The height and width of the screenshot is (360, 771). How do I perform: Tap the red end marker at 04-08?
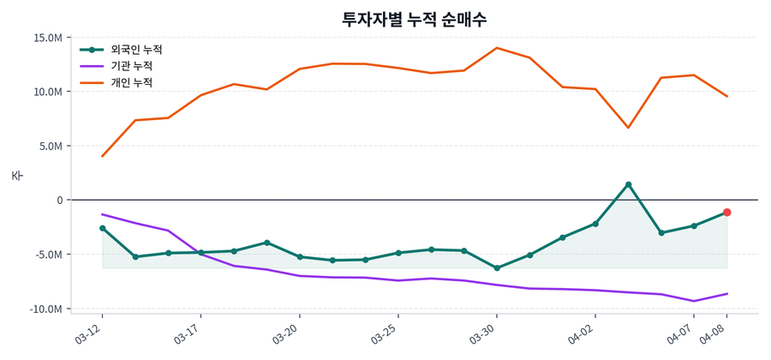pyautogui.click(x=726, y=212)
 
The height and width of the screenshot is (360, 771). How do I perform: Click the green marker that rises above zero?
pyautogui.click(x=628, y=184)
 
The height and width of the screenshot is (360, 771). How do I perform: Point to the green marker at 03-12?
pyautogui.click(x=103, y=228)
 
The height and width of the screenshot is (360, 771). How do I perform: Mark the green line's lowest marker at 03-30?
pyautogui.click(x=497, y=268)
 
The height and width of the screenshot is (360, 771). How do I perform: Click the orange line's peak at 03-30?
pyautogui.click(x=497, y=48)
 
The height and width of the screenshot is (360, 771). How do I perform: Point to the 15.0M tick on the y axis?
pyautogui.click(x=48, y=38)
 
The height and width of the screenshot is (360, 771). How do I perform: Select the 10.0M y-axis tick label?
pyautogui.click(x=48, y=92)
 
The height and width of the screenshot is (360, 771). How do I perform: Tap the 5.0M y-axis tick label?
pyautogui.click(x=51, y=146)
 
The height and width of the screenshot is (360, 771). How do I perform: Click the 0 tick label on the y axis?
pyautogui.click(x=60, y=201)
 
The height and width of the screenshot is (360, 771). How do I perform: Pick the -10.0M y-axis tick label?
pyautogui.click(x=47, y=309)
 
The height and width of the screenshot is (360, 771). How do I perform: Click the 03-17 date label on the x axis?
pyautogui.click(x=188, y=332)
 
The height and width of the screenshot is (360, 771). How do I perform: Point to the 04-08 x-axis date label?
pyautogui.click(x=714, y=332)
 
